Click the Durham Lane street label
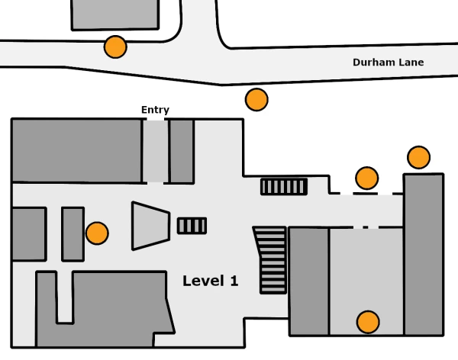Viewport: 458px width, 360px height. click(x=389, y=63)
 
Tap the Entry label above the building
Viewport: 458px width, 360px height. click(x=155, y=110)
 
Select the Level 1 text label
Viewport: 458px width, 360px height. click(x=211, y=281)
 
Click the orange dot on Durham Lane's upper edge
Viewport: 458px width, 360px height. click(x=115, y=47)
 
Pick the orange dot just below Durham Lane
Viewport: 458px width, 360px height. click(x=256, y=100)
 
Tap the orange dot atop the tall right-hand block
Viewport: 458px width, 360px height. click(x=418, y=157)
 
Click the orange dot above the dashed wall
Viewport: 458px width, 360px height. click(x=367, y=178)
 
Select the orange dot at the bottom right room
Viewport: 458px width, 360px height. click(x=368, y=322)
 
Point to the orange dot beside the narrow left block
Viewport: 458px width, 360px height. click(x=97, y=233)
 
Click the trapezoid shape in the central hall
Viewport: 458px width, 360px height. click(x=150, y=226)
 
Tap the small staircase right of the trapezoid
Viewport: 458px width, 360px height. click(x=192, y=226)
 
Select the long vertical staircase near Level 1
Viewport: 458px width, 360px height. click(x=271, y=260)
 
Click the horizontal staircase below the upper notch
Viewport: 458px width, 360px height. click(x=284, y=187)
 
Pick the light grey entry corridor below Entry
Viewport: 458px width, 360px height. click(x=156, y=152)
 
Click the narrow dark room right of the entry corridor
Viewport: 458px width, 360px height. click(x=182, y=152)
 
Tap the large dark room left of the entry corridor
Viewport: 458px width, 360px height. click(x=77, y=151)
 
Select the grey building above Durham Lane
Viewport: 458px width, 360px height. click(x=115, y=14)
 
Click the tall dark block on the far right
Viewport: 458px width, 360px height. click(x=424, y=255)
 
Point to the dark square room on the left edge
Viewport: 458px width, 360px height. click(x=29, y=234)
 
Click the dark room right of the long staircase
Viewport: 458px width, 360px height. click(x=309, y=281)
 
